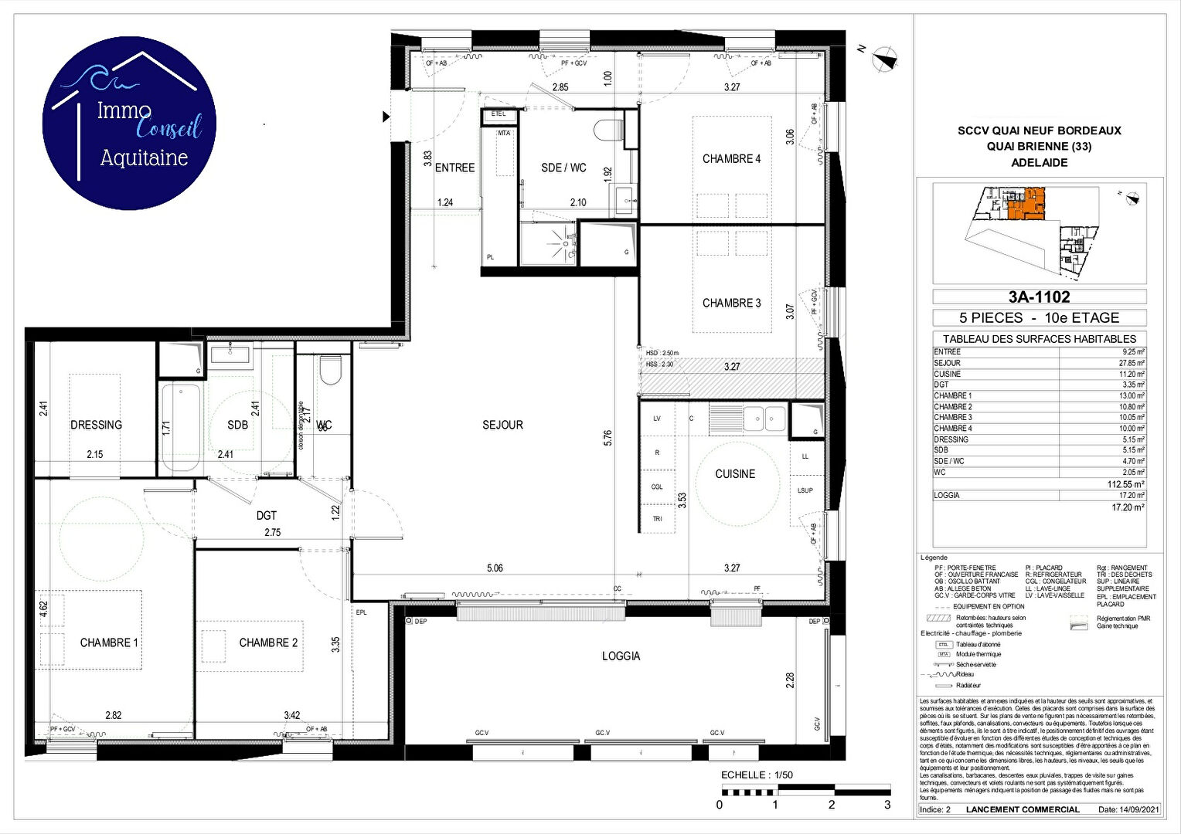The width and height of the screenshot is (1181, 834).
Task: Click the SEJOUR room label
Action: point(502,425)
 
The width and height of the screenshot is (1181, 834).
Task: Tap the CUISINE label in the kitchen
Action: point(734,474)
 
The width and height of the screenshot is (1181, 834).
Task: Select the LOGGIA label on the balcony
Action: point(621,656)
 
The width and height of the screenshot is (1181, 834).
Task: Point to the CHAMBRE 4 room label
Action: point(731,159)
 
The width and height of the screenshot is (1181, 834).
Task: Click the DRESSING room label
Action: point(96,425)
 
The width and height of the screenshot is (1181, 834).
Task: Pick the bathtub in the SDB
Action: point(180,427)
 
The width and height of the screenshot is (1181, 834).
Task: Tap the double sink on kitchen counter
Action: point(764,419)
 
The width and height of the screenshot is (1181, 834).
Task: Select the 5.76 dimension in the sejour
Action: point(608,438)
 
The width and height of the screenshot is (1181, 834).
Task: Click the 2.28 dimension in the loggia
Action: point(789,680)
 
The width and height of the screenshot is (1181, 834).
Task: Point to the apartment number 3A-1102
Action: point(1039,297)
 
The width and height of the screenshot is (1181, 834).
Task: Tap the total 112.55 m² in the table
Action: point(1125,484)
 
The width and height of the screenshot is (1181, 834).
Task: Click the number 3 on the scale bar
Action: point(887,805)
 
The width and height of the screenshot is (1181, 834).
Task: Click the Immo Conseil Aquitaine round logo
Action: point(129,124)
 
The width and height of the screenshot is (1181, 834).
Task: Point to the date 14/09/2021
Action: point(1139,809)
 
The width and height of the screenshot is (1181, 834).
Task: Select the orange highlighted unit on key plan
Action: point(1025,205)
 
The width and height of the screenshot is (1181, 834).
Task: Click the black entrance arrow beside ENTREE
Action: point(386,117)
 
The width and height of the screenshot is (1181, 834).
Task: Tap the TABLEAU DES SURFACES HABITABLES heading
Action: point(1039,339)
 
